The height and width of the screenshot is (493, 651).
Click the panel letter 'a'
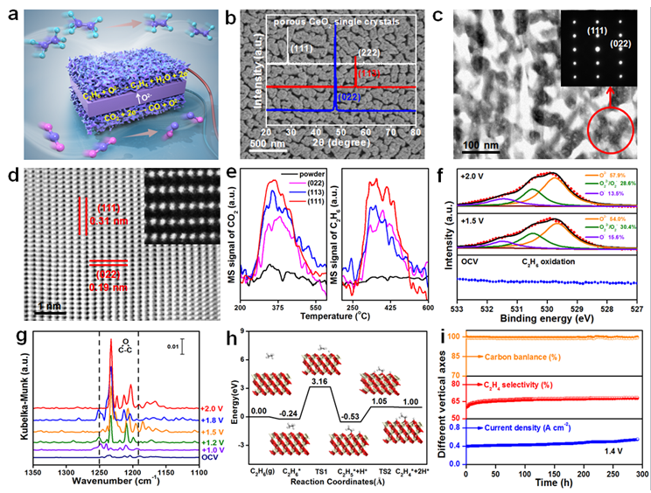(13, 12)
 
